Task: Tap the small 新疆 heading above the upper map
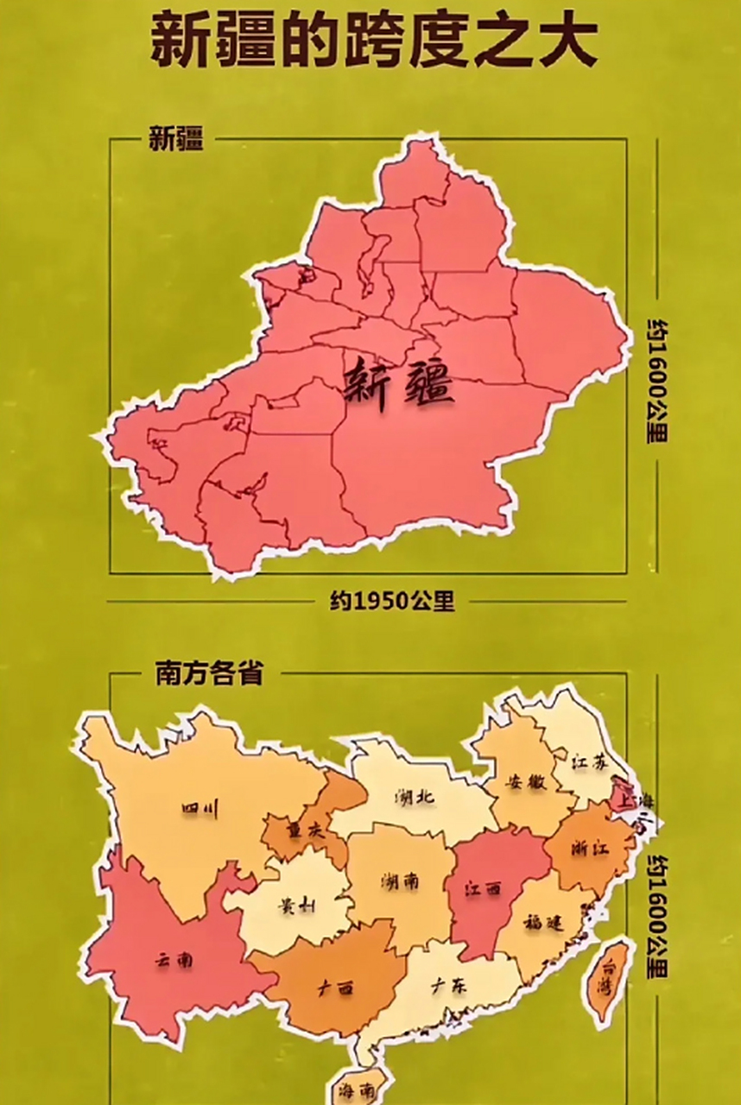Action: [176, 140]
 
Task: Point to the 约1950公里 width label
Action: [392, 601]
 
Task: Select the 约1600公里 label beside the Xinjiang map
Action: [658, 380]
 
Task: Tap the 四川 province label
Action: [200, 809]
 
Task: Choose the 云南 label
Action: [174, 960]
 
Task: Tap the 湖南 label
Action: [400, 881]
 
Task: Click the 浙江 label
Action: [591, 848]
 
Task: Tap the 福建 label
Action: [543, 922]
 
